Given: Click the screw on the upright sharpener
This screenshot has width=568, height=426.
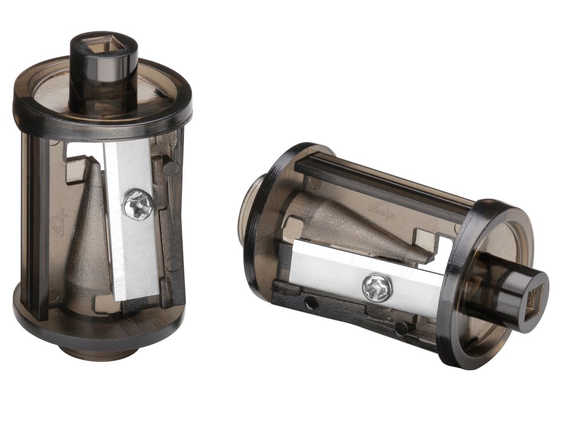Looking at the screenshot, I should click(x=138, y=204).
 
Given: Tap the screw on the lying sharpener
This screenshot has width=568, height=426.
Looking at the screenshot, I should click(x=377, y=288).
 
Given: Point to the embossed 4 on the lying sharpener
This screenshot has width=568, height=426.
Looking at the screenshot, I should click(x=382, y=212).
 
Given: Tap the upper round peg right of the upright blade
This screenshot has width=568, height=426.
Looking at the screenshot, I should click(x=171, y=169).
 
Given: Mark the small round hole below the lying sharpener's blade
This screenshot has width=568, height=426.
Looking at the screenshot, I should click(x=311, y=303).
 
